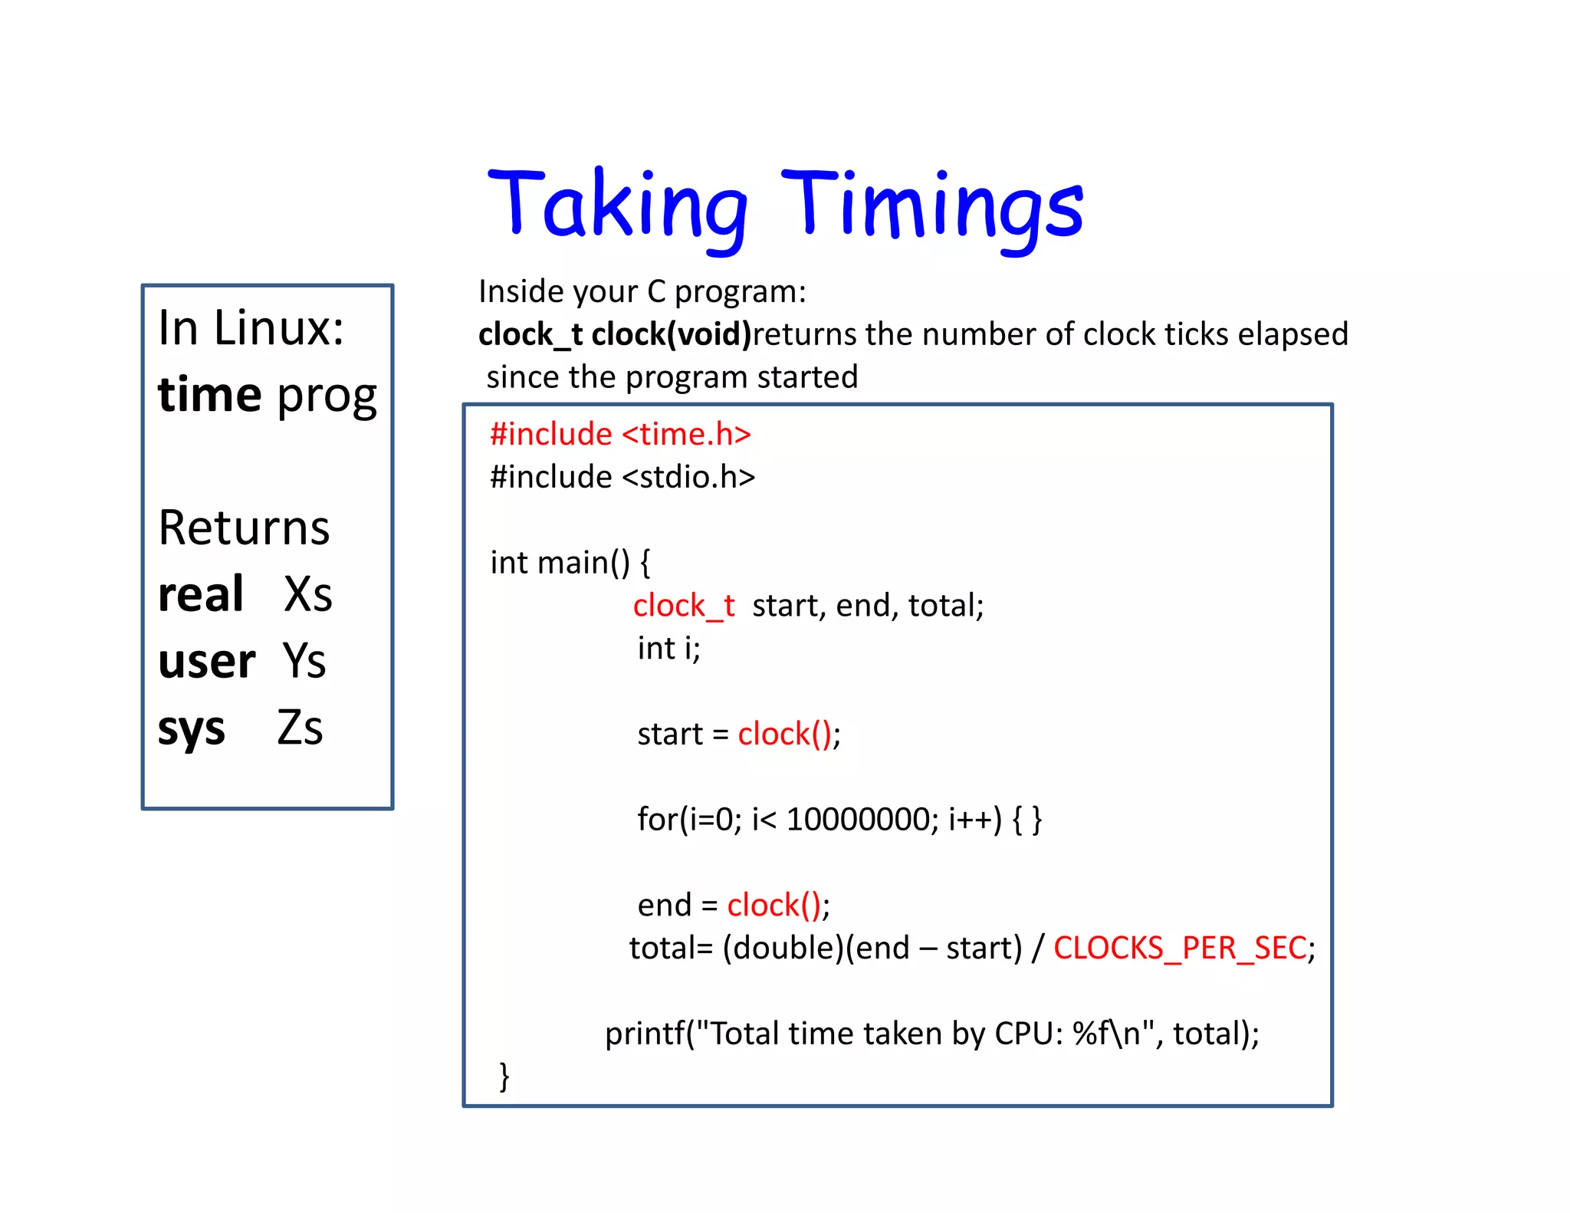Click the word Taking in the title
click(617, 205)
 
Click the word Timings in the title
click(931, 205)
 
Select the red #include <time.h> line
click(620, 434)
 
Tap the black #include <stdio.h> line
click(622, 477)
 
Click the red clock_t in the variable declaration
click(684, 606)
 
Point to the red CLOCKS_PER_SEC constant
click(1180, 948)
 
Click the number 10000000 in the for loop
click(857, 820)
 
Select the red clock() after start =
click(784, 735)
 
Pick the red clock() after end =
click(774, 906)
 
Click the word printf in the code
click(644, 1034)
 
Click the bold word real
click(201, 594)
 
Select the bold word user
click(206, 661)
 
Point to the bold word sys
click(192, 728)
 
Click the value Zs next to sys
click(300, 728)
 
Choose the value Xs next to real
click(308, 594)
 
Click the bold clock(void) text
click(671, 334)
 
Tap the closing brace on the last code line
click(504, 1076)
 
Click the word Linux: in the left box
click(278, 328)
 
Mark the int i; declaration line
click(668, 649)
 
